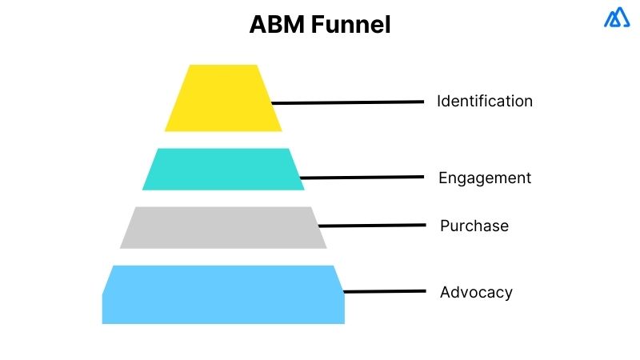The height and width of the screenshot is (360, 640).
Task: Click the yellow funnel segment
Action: (223, 98)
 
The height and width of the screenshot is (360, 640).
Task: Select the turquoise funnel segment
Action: (223, 169)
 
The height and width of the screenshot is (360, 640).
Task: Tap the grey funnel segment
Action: (223, 227)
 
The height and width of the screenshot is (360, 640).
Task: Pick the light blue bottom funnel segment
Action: (223, 294)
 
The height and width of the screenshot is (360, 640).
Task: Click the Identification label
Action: (484, 102)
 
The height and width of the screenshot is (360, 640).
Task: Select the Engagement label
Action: (484, 178)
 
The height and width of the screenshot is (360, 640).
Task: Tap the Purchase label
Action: (474, 226)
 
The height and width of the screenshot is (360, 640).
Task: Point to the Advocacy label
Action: (475, 292)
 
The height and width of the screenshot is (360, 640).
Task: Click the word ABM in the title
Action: (276, 26)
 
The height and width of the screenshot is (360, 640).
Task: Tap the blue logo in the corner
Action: (617, 18)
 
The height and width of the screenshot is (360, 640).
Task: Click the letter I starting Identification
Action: (438, 102)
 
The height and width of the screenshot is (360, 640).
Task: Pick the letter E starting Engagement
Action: (443, 178)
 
